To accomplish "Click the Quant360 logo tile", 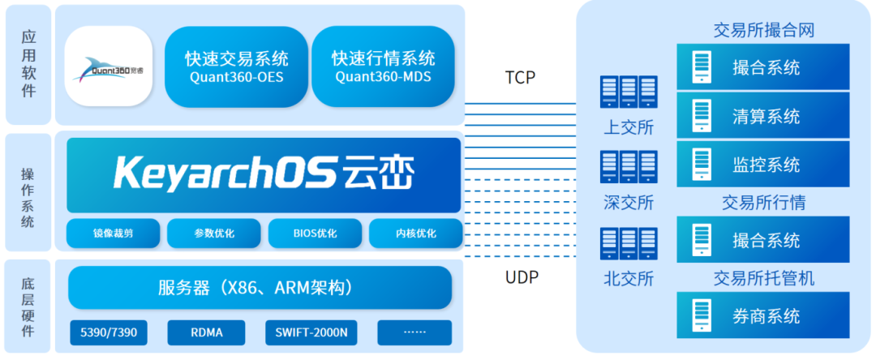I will click(109, 66).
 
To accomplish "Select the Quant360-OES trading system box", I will click(236, 66).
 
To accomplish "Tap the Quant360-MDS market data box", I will click(383, 66).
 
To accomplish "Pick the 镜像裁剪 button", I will click(113, 234).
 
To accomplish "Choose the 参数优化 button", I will click(214, 234).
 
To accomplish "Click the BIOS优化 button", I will click(316, 234).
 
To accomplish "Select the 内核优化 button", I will click(415, 234).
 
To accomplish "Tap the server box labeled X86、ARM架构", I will click(260, 288).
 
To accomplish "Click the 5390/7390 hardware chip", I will click(109, 332).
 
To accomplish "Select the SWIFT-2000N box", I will click(311, 332).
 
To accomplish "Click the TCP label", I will click(521, 78).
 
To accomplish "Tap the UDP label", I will click(522, 277).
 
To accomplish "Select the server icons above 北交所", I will click(629, 243).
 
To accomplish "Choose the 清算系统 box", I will click(763, 115).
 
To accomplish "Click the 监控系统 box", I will click(763, 165).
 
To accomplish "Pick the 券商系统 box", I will click(763, 315).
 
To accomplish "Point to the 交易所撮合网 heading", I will click(763, 31).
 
